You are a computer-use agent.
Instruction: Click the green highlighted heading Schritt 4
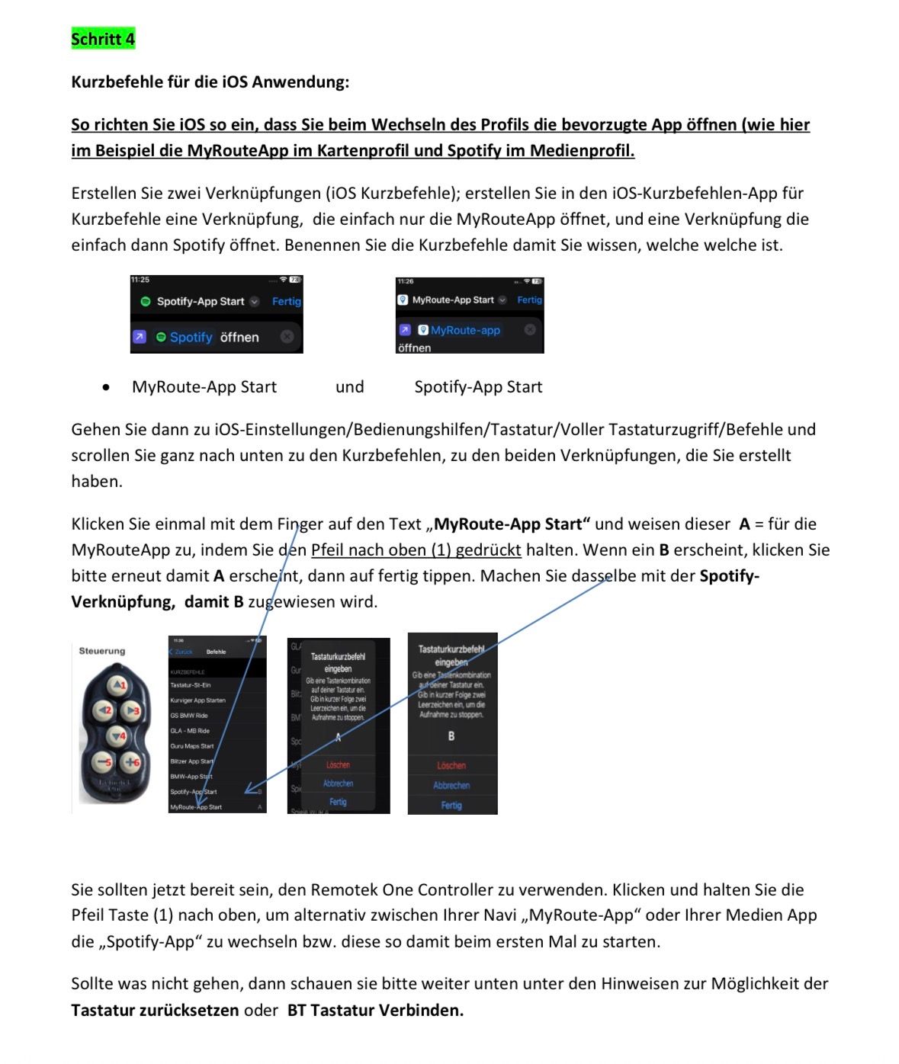pyautogui.click(x=103, y=39)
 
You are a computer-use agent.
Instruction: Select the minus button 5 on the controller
pyautogui.click(x=104, y=761)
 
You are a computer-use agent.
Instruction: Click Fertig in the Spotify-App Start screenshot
pyautogui.click(x=287, y=301)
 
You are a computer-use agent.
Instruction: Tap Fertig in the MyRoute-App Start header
pyautogui.click(x=529, y=300)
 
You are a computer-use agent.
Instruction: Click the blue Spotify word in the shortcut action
pyautogui.click(x=191, y=337)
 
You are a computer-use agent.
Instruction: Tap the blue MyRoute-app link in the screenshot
pyautogui.click(x=465, y=330)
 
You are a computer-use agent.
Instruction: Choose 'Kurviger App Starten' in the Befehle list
pyautogui.click(x=198, y=700)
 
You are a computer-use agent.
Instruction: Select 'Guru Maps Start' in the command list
pyautogui.click(x=192, y=746)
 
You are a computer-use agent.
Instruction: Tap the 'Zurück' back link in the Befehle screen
pyautogui.click(x=181, y=652)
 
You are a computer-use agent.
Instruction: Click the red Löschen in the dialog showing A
pyautogui.click(x=338, y=764)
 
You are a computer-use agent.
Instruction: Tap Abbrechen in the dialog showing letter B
pyautogui.click(x=451, y=785)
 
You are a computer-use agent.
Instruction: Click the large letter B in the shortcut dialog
pyautogui.click(x=451, y=736)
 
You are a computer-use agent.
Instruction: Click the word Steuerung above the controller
pyautogui.click(x=102, y=651)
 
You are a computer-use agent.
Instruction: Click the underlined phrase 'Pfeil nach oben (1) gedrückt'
pyautogui.click(x=416, y=550)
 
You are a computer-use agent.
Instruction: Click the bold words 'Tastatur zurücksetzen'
pyautogui.click(x=155, y=1010)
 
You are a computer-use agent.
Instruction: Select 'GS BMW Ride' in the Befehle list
pyautogui.click(x=189, y=716)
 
